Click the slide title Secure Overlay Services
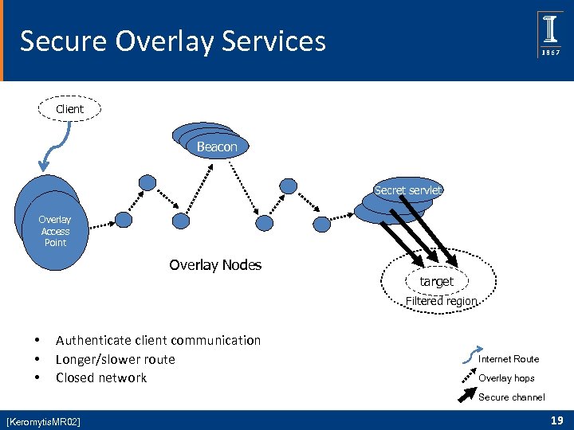pos(172,41)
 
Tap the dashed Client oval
pos(70,109)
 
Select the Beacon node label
pos(217,147)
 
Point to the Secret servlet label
pos(408,190)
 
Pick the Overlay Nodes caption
pos(215,265)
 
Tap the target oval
pos(436,281)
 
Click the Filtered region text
pos(441,302)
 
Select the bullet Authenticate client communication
pos(158,340)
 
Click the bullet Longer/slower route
pos(115,359)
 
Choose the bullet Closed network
pos(101,377)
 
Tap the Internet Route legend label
pos(509,359)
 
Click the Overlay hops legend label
pos(506,378)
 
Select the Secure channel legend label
pos(512,397)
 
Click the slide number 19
pos(557,420)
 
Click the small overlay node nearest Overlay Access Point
pos(124,219)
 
